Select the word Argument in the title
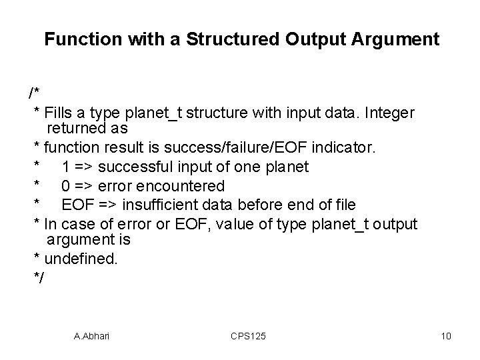point(402,39)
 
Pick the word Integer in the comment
point(389,113)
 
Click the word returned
point(75,127)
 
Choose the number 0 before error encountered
point(66,185)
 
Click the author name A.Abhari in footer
point(91,336)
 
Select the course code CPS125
point(247,336)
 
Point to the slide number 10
point(446,336)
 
